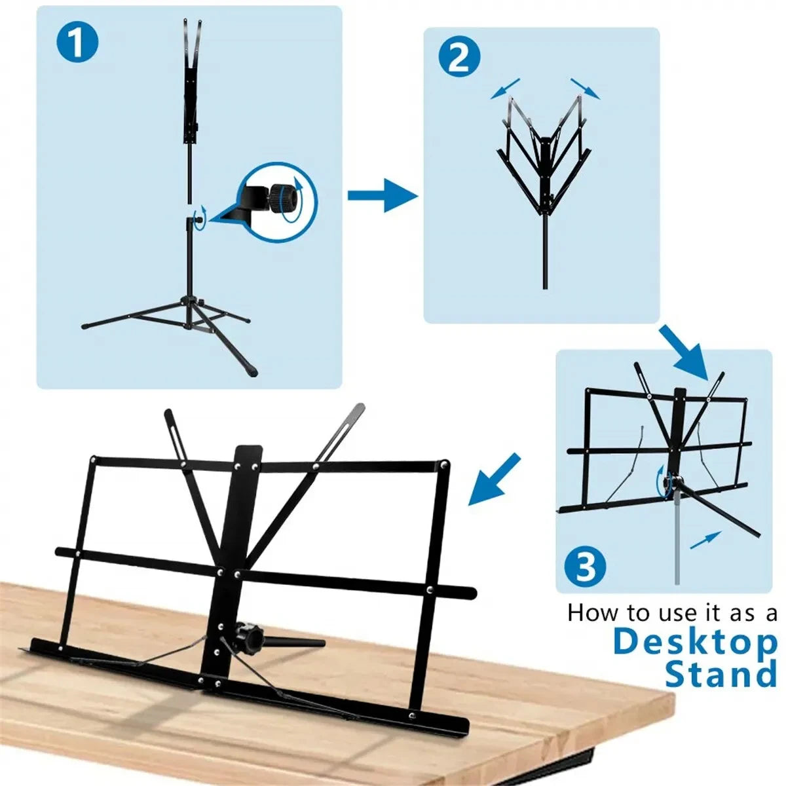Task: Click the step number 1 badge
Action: coord(77,43)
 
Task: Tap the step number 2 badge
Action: coord(459,58)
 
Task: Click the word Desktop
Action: coord(694,643)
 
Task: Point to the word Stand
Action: coord(720,675)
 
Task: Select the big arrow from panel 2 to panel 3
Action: coord(683,351)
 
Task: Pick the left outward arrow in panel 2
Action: coord(505,88)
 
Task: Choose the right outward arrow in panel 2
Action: coord(584,88)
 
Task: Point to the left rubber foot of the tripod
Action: coord(86,325)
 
